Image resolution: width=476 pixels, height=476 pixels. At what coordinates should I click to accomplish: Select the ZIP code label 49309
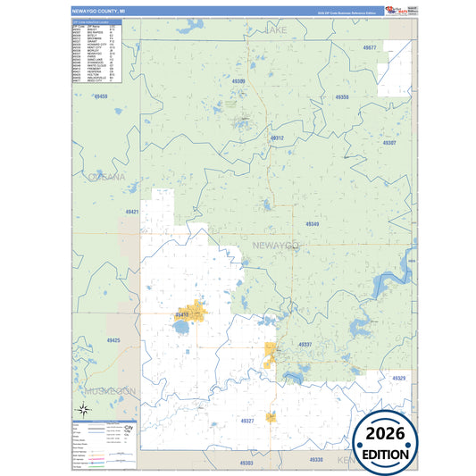[238, 81]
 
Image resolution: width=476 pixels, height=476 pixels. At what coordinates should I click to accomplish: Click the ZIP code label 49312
[277, 138]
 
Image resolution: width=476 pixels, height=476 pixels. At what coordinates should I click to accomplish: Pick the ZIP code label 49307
[388, 143]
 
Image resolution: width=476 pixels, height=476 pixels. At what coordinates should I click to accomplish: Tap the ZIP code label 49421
[132, 212]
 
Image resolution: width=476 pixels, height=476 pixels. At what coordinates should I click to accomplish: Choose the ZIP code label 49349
[312, 224]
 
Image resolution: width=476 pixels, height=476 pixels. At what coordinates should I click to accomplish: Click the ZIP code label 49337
[305, 344]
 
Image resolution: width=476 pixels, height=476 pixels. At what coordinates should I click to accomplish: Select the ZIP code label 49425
[113, 340]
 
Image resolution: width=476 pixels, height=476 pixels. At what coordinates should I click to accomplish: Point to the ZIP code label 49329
[398, 379]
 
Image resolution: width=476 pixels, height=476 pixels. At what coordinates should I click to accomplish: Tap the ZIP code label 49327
[247, 420]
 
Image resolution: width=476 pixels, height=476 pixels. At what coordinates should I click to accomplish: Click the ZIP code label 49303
[246, 463]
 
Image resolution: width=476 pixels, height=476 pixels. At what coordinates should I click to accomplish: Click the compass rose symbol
[82, 410]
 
